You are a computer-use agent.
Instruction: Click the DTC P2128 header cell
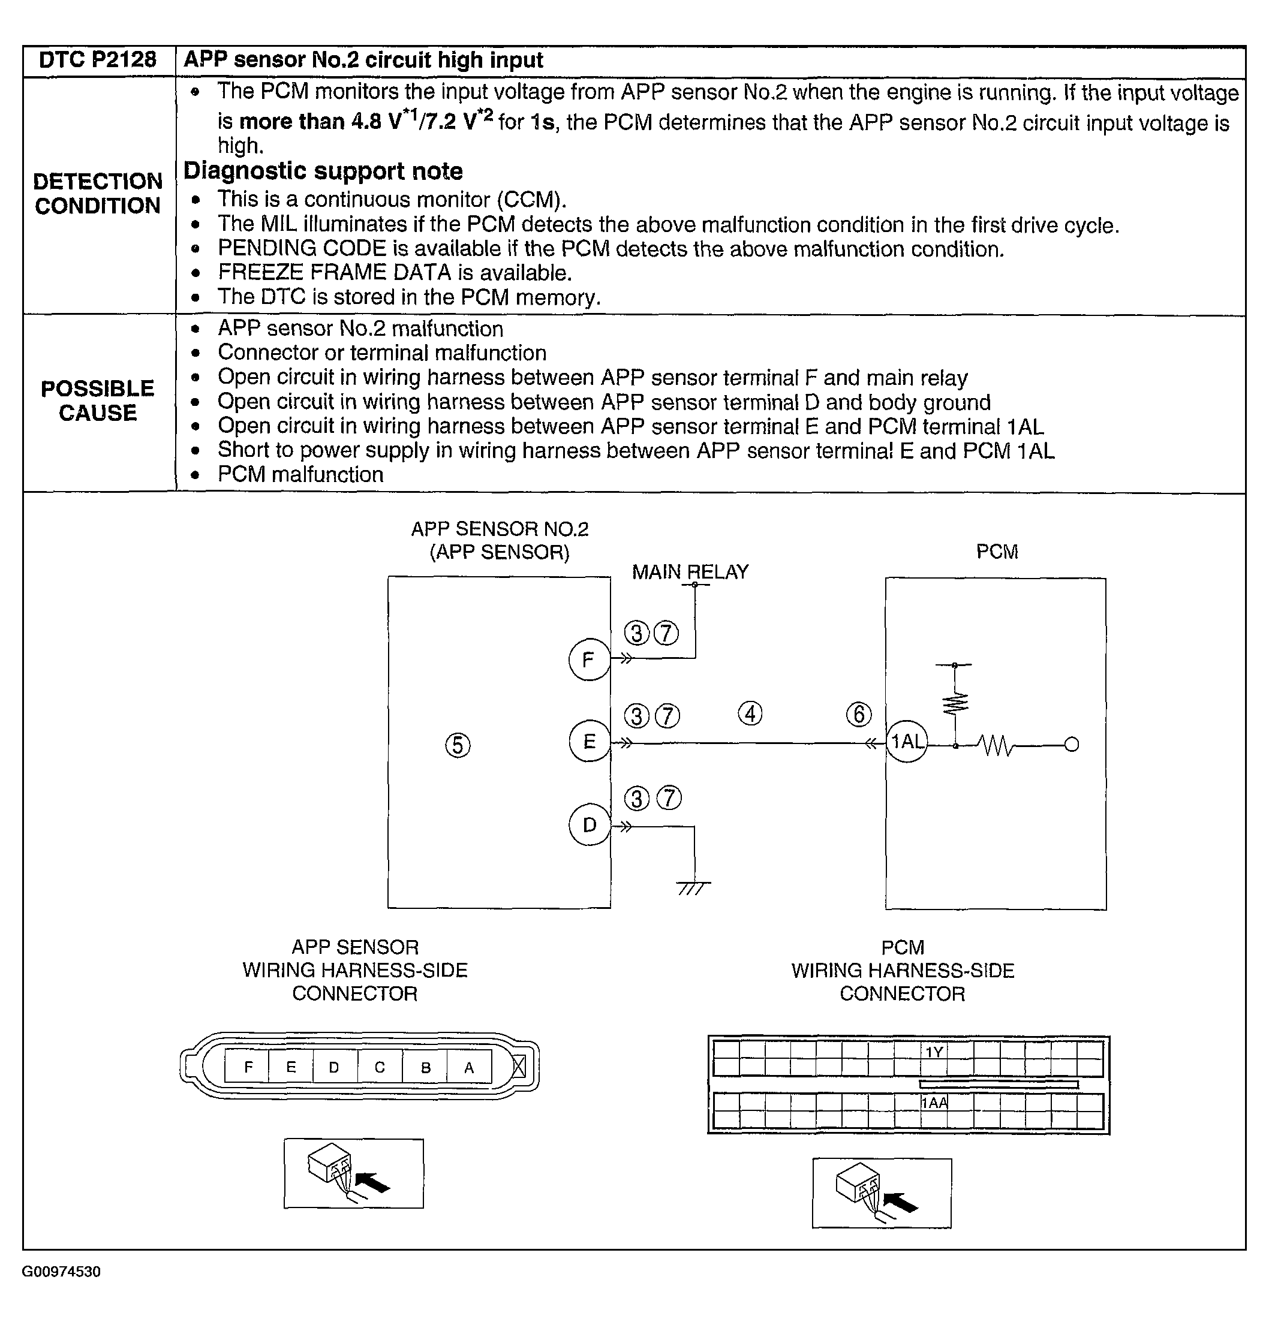coord(98,60)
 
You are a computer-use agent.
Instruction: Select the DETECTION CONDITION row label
coord(98,194)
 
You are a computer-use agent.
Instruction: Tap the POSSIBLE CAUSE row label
coord(98,400)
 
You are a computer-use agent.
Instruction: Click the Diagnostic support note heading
coord(323,171)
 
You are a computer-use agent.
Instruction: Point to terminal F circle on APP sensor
coord(589,659)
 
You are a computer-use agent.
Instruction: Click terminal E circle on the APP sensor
coord(589,742)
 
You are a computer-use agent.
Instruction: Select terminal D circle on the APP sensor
coord(589,825)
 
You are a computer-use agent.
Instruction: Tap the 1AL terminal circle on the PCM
coord(907,742)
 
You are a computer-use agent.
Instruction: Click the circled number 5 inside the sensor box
coord(458,745)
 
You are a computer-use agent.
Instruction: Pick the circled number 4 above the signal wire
coord(750,713)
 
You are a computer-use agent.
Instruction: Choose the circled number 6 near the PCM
coord(859,714)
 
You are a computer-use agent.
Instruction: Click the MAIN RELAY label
coord(690,572)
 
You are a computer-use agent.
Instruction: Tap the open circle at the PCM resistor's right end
coord(1071,745)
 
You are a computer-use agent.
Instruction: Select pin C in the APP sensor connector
coord(380,1068)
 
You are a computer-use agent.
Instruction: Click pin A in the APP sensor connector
coord(469,1068)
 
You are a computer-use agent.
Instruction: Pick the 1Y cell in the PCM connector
coord(934,1052)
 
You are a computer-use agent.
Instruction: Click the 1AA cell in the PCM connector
coord(934,1103)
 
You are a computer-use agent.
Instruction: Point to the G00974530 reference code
coord(61,1272)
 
